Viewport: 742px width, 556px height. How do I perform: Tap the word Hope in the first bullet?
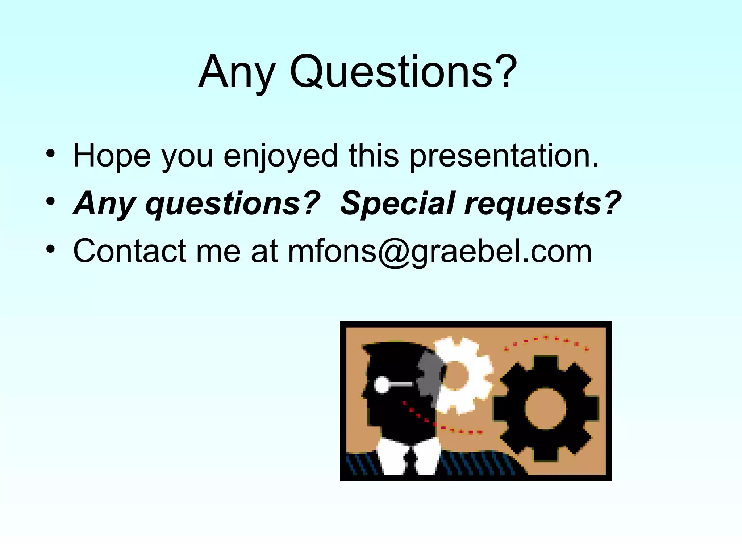tap(112, 156)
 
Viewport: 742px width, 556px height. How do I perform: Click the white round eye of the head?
tap(382, 384)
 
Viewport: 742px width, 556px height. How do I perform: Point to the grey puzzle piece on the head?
tap(430, 376)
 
